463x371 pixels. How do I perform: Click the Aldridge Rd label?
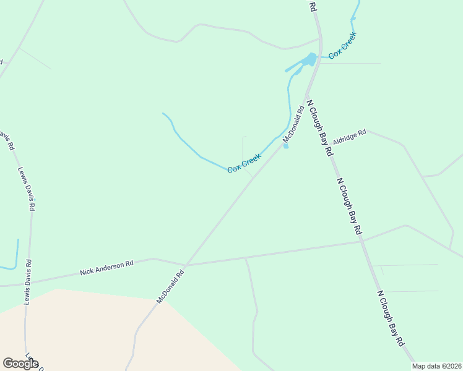point(350,137)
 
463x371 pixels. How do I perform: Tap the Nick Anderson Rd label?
point(106,268)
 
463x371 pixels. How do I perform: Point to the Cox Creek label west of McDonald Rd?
point(244,163)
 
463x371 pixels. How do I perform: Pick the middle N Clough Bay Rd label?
point(349,206)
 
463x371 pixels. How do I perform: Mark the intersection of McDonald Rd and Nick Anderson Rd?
point(186,265)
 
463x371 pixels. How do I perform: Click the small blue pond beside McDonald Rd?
point(286,147)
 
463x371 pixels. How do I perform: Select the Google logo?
point(20,364)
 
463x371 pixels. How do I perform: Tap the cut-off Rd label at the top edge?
point(313,6)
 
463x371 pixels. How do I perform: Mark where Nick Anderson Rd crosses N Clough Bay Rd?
point(363,241)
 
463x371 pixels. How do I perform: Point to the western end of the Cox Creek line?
point(163,113)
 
